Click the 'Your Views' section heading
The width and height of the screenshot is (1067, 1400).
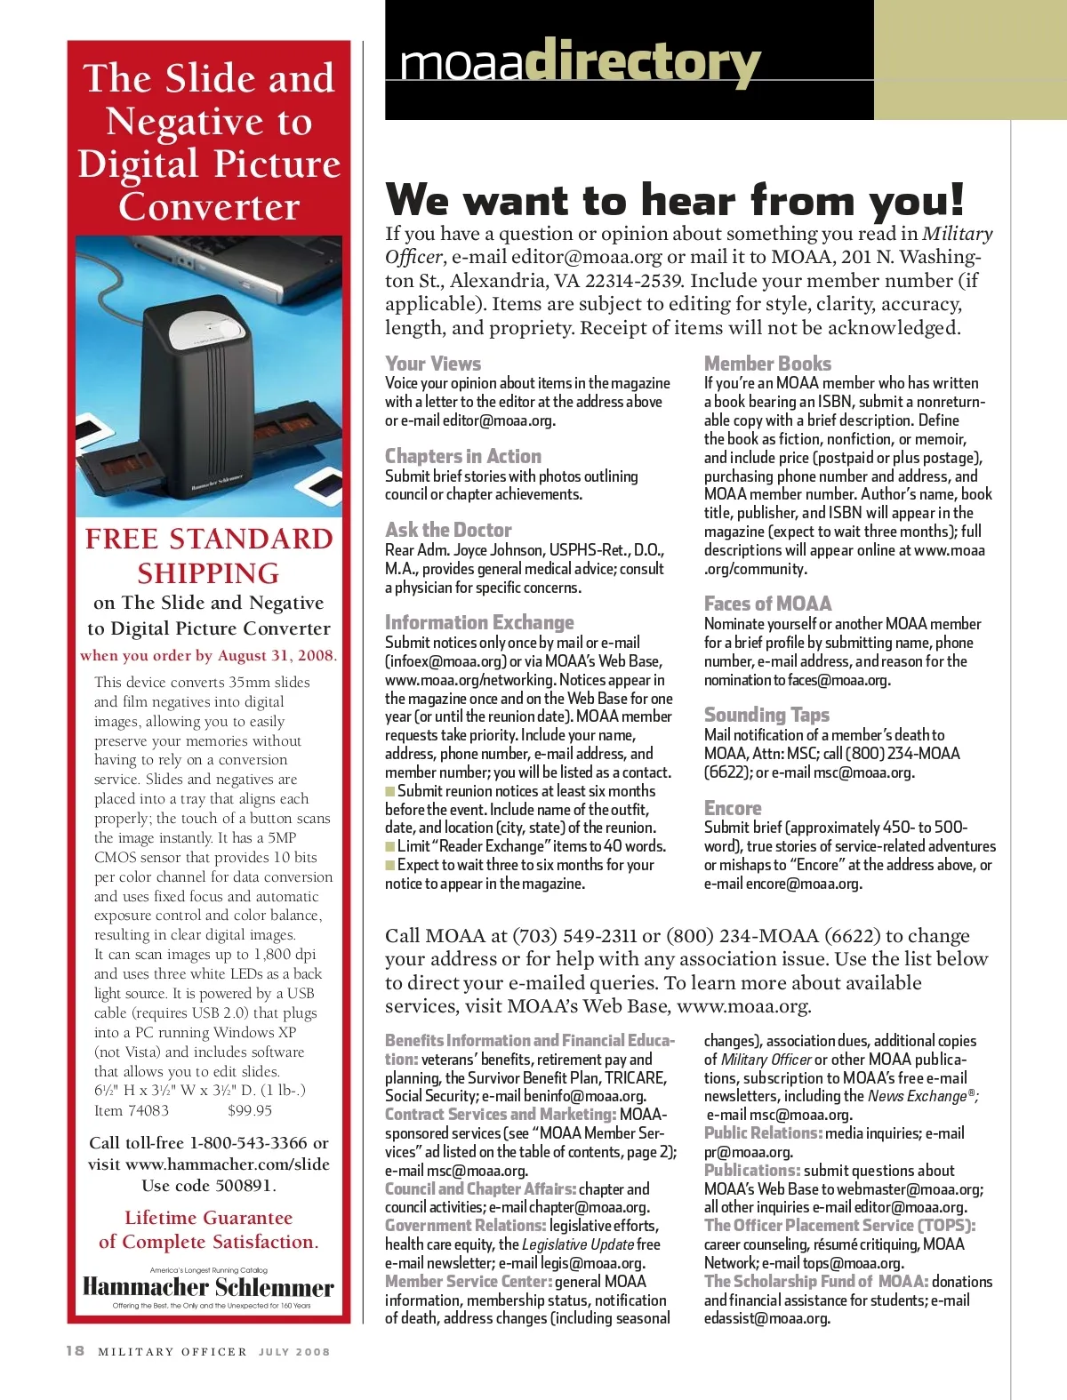pyautogui.click(x=433, y=364)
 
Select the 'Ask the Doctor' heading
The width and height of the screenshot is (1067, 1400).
pyautogui.click(x=448, y=530)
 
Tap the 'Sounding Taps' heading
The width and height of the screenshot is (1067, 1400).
pyautogui.click(x=766, y=715)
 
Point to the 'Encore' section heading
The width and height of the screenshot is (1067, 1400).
pyautogui.click(x=733, y=808)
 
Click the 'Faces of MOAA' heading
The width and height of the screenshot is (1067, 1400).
pyautogui.click(x=767, y=604)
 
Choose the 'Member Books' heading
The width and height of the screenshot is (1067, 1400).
pyautogui.click(x=767, y=364)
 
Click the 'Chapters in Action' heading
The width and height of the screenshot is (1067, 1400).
pyautogui.click(x=462, y=456)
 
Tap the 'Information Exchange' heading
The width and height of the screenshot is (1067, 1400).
pyautogui.click(x=479, y=622)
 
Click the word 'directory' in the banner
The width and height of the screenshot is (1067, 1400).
pyautogui.click(x=642, y=62)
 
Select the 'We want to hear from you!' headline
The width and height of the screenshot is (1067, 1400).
pyautogui.click(x=675, y=199)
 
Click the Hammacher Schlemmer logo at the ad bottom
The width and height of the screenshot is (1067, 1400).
pyautogui.click(x=208, y=1287)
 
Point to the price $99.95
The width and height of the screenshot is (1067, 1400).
pyautogui.click(x=250, y=1110)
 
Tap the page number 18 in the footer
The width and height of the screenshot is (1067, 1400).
pyautogui.click(x=76, y=1351)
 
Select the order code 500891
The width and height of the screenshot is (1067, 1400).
pyautogui.click(x=245, y=1186)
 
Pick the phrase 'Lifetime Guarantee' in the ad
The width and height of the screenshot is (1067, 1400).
pyautogui.click(x=208, y=1218)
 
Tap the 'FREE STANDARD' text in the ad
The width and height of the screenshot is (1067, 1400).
pyautogui.click(x=209, y=539)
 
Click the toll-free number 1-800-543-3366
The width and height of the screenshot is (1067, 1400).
pyautogui.click(x=248, y=1143)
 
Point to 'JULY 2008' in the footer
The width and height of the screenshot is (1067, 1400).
pyautogui.click(x=294, y=1352)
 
